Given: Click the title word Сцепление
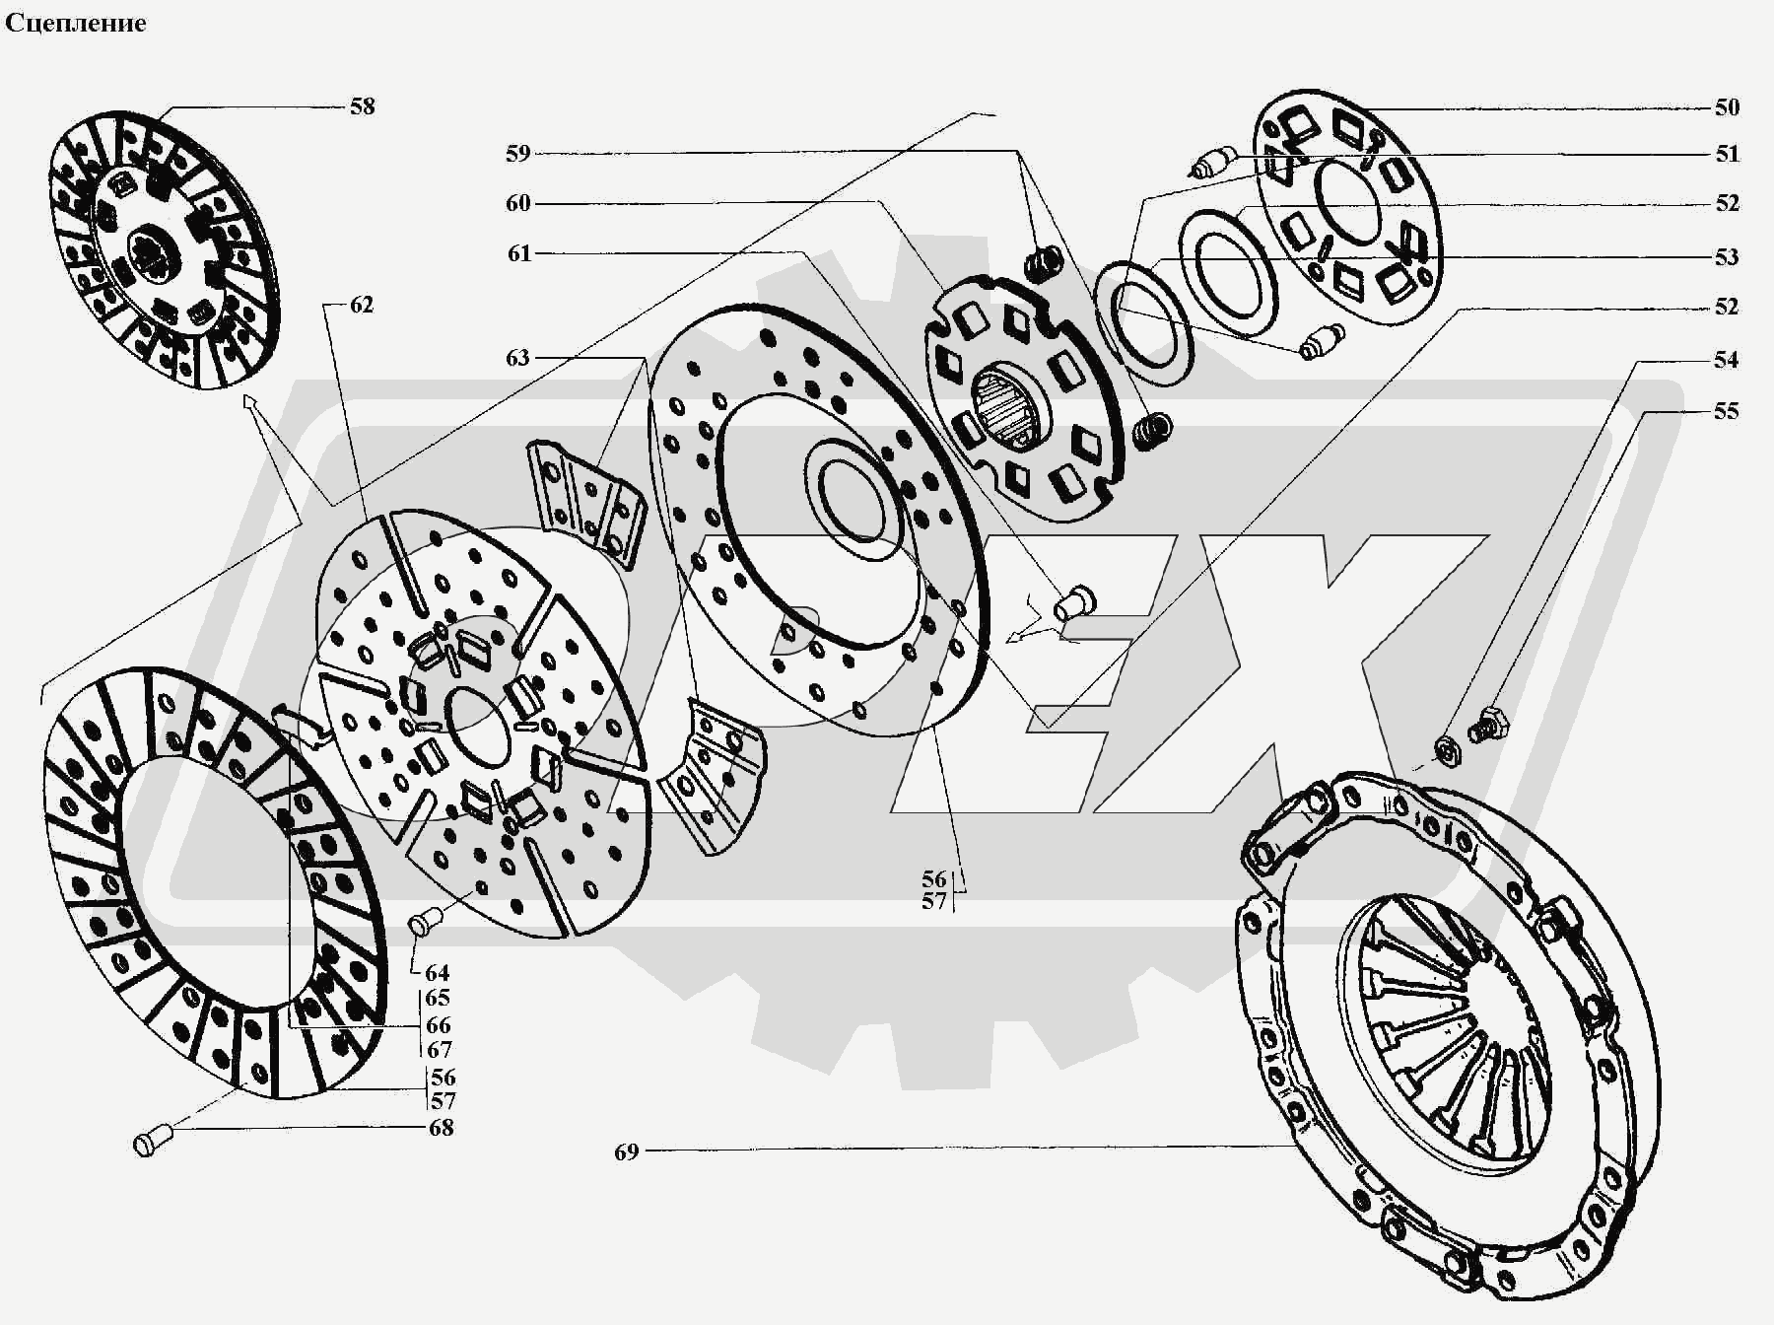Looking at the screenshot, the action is point(76,23).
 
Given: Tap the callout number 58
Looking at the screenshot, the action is point(363,106).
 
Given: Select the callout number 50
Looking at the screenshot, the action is point(1727,107).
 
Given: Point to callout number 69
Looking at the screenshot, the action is point(627,1151).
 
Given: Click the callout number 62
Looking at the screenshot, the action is point(362,305).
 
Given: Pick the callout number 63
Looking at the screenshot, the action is point(518,358).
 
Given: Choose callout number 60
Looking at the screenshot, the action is point(518,203).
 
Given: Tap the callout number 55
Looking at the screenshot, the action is point(1727,411).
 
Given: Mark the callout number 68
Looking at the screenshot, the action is point(441,1128).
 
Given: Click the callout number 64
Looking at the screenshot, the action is point(437,974).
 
